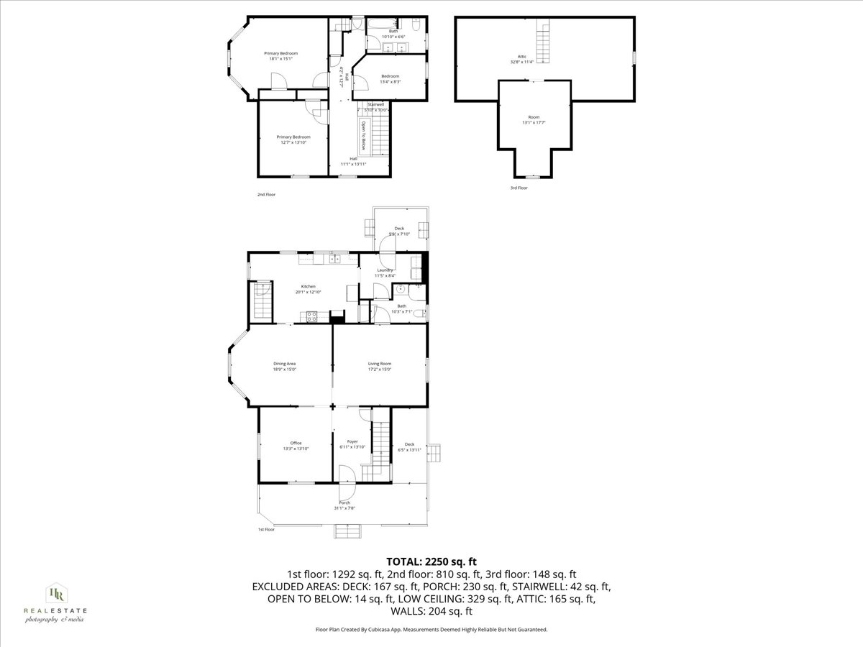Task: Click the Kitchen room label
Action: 308,286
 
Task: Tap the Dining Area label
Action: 284,364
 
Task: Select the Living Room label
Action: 379,364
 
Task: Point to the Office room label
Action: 296,443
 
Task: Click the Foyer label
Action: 352,441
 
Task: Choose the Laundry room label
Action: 385,270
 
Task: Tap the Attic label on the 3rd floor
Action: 522,56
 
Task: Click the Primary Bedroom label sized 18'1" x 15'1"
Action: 280,53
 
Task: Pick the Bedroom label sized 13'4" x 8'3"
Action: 390,76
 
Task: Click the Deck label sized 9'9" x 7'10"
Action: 399,229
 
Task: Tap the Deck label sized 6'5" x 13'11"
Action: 409,444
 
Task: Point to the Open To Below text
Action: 364,136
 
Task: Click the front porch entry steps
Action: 344,531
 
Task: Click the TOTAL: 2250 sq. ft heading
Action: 431,561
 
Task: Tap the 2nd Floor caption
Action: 266,195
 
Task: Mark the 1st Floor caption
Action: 266,530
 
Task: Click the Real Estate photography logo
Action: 55,602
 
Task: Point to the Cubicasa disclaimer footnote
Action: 431,629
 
